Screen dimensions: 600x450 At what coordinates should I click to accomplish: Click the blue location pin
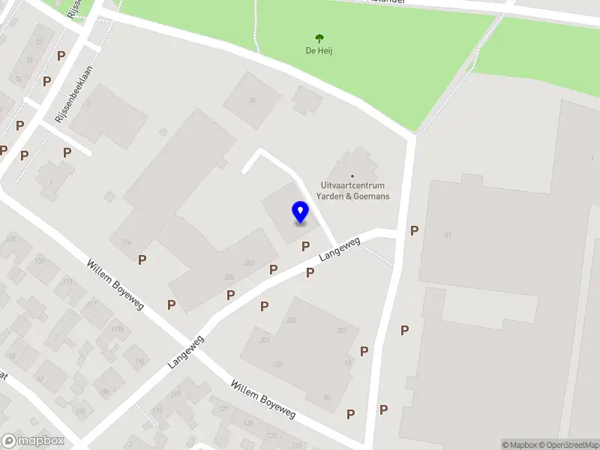coord(300,212)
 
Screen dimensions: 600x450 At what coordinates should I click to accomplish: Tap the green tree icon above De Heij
coord(319,38)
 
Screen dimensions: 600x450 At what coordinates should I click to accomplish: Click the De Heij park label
coord(319,51)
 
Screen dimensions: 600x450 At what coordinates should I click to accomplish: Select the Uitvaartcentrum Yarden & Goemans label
coord(352,190)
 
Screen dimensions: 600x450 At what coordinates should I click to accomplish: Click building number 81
coord(448,236)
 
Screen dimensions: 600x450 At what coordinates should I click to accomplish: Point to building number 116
coord(126,241)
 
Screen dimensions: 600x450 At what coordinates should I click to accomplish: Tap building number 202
coord(250,263)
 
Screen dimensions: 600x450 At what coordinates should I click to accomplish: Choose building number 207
coord(343,331)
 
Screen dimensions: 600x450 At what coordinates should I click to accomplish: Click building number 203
coord(292,320)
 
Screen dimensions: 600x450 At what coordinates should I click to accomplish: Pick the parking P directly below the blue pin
coord(305,246)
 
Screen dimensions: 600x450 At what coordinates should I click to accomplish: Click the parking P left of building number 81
coord(414,231)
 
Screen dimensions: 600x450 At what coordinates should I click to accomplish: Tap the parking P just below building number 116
coord(142,259)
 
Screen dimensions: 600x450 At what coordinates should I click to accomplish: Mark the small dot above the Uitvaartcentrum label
coord(352,176)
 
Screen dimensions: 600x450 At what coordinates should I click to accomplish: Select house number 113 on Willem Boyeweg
coord(67,281)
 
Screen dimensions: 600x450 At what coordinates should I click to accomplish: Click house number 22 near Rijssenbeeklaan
coord(39,42)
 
